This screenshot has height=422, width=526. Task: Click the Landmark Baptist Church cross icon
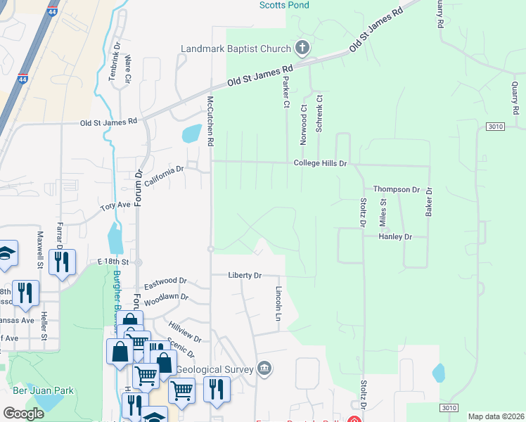302,49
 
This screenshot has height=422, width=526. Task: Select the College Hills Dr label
321,163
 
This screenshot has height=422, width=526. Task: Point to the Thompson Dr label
396,189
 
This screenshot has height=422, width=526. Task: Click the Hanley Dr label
395,237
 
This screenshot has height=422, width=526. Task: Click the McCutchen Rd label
210,121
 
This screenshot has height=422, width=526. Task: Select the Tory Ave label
116,207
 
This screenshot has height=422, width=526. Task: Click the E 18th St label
117,261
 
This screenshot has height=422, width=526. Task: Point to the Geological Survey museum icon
264,367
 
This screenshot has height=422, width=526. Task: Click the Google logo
23,414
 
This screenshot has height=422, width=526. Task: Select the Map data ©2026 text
495,416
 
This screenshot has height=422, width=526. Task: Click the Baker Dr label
428,201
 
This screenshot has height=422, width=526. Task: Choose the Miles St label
384,211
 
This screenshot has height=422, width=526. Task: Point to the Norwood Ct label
304,125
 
